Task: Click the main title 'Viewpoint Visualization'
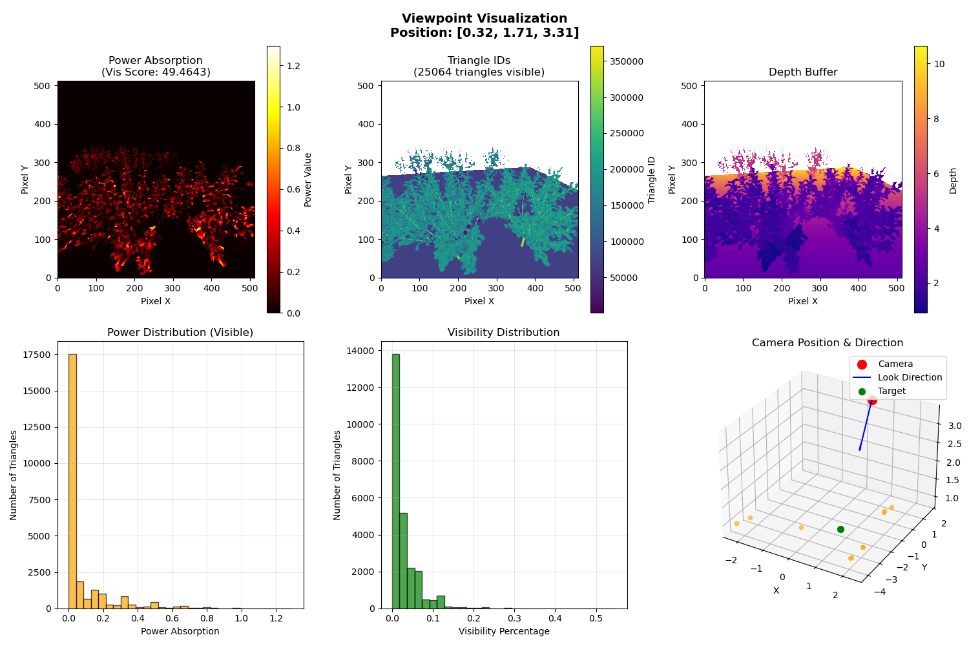(x=484, y=19)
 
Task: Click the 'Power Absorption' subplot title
(x=155, y=61)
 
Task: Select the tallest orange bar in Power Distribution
(x=72, y=481)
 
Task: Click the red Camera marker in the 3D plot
(x=872, y=401)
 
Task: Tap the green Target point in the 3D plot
(x=840, y=529)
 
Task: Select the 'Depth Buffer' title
(x=802, y=72)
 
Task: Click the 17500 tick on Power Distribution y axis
(x=37, y=355)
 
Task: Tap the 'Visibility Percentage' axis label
(x=504, y=631)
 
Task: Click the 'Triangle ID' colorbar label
(x=652, y=180)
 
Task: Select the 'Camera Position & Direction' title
(x=827, y=343)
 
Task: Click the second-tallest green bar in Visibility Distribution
(x=403, y=561)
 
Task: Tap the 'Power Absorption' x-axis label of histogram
(x=180, y=631)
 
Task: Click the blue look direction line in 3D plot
(x=866, y=426)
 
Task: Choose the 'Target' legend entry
(x=891, y=391)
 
